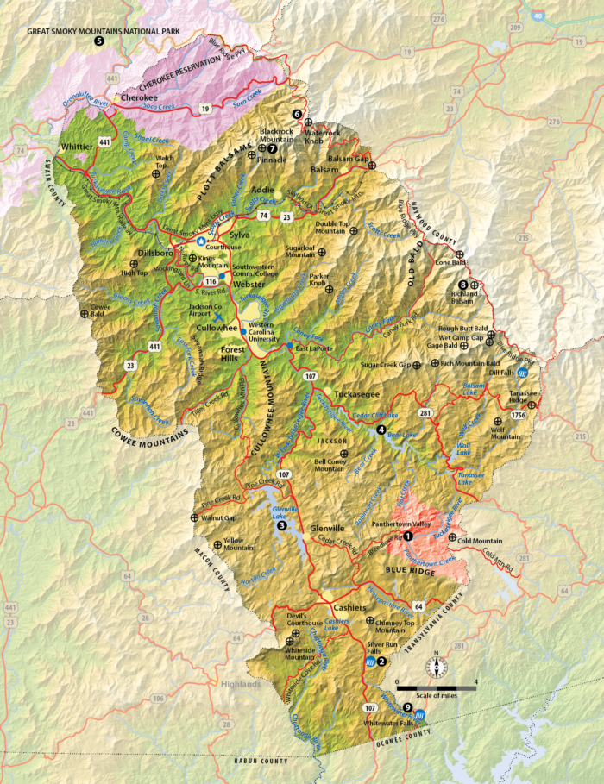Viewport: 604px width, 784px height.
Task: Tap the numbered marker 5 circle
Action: tap(99, 41)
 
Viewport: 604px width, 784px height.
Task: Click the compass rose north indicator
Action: tap(437, 667)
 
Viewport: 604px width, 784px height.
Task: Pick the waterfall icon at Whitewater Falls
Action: tap(418, 716)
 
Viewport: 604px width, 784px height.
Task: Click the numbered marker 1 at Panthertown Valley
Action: tap(409, 535)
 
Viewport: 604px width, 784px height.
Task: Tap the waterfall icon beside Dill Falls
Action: tap(532, 373)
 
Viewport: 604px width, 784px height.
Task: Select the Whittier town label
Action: tap(77, 147)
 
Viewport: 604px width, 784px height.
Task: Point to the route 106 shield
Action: tap(157, 698)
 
